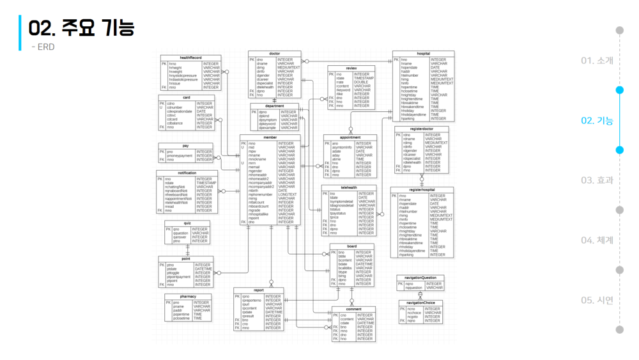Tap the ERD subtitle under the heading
[x=43, y=47]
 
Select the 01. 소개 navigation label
[x=597, y=61]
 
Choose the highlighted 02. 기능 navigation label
[x=597, y=120]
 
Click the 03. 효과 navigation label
[x=597, y=180]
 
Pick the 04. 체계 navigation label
[x=597, y=240]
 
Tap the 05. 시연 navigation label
[x=597, y=301]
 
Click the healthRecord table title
[x=190, y=58]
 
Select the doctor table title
[x=275, y=54]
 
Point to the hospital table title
[x=423, y=54]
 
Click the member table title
[x=270, y=137]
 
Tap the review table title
[x=351, y=68]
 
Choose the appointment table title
[x=350, y=137]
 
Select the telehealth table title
[x=349, y=187]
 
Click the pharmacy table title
[x=188, y=297]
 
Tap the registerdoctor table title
[x=422, y=129]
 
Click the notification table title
[x=187, y=173]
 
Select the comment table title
[x=353, y=309]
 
